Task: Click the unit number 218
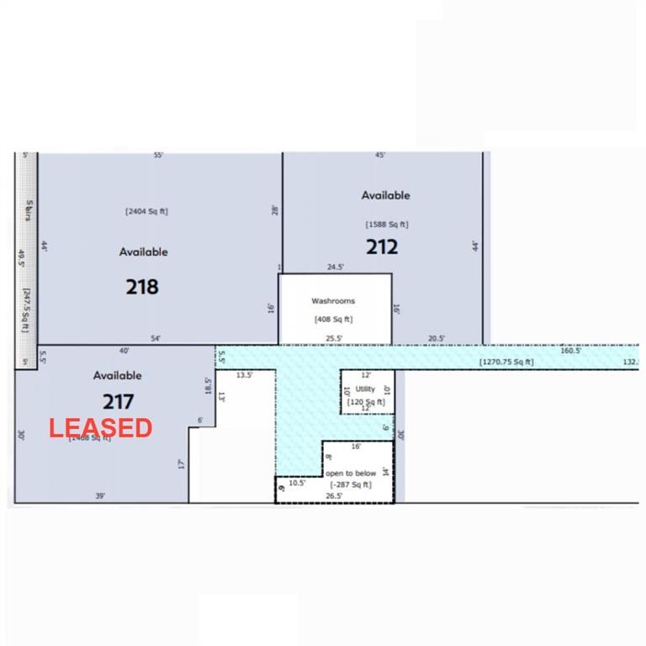(x=142, y=287)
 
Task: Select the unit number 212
(x=381, y=247)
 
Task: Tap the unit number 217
(x=118, y=402)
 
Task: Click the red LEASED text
(x=100, y=428)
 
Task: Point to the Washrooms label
(x=333, y=300)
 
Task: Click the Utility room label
(x=365, y=389)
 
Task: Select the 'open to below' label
(x=351, y=474)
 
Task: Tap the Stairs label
(x=29, y=211)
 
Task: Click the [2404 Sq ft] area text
(x=146, y=211)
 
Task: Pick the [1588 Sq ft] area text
(x=386, y=225)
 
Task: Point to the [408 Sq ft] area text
(x=333, y=319)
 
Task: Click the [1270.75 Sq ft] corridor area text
(x=506, y=363)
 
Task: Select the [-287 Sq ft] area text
(x=351, y=484)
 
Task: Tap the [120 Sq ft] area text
(x=366, y=402)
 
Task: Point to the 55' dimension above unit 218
(x=158, y=156)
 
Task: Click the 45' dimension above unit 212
(x=380, y=156)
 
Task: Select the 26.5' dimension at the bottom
(x=334, y=496)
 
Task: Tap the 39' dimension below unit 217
(x=100, y=496)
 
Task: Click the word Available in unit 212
(x=386, y=195)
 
